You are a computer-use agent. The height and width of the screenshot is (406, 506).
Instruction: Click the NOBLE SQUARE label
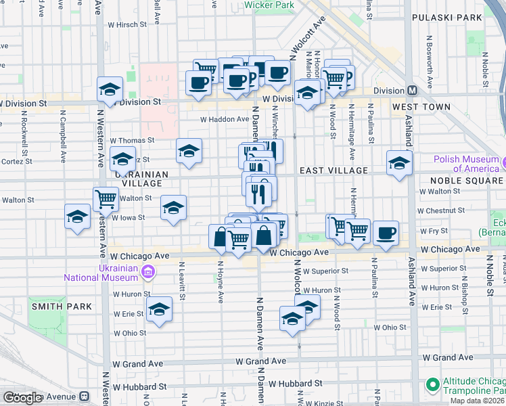[466, 181]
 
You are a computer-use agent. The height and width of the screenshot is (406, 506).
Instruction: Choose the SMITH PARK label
[61, 307]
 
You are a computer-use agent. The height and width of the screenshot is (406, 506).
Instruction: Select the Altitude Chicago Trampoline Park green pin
[432, 384]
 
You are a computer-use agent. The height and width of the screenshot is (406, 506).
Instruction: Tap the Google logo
[22, 398]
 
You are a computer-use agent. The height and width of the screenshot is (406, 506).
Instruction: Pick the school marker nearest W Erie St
[160, 309]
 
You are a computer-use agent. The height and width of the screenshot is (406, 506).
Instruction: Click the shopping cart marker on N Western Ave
[106, 199]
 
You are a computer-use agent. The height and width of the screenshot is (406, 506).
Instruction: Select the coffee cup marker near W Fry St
[386, 233]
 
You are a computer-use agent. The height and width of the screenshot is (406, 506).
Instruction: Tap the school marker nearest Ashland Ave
[399, 162]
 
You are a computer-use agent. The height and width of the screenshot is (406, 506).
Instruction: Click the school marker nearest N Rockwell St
[77, 217]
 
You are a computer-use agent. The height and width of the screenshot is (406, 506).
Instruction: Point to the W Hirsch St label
[127, 24]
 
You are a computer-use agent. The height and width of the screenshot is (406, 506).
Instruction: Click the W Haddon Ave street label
[225, 119]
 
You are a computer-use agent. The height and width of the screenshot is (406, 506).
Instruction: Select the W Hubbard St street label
[140, 386]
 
